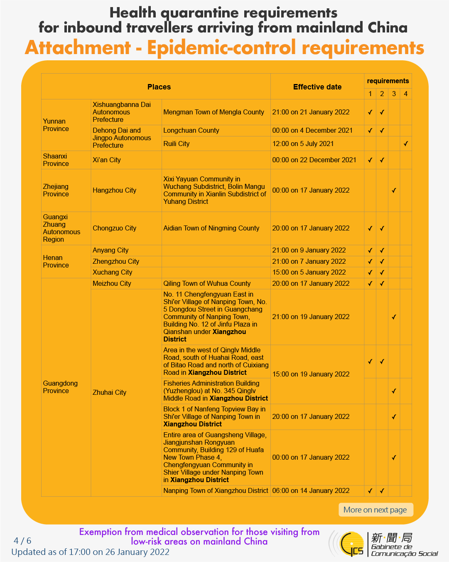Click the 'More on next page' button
[x=375, y=510]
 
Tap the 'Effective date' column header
[x=317, y=87]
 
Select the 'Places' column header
[x=159, y=87]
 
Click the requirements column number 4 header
[x=406, y=94]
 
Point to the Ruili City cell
[x=177, y=144]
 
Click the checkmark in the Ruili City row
[x=406, y=144]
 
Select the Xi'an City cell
[x=107, y=160]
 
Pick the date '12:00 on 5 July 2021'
[x=303, y=144]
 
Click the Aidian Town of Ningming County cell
[x=211, y=228]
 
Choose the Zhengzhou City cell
[x=116, y=261]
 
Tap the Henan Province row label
[x=56, y=261]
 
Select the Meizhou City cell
[x=112, y=283]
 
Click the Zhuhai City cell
[x=110, y=392]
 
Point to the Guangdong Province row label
[x=60, y=387]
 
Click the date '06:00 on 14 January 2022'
[x=311, y=490]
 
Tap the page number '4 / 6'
[x=22, y=541]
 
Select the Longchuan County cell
[x=191, y=130]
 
